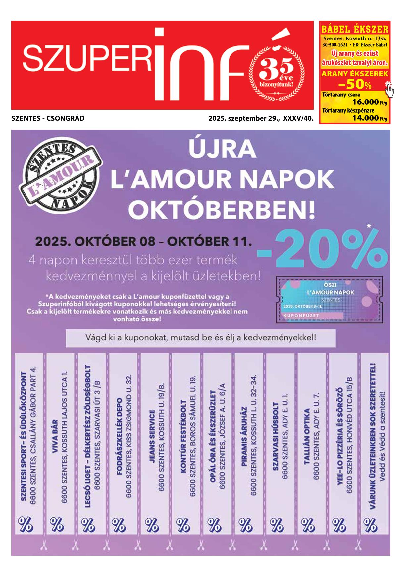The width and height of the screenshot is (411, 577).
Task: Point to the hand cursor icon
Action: click(x=390, y=90)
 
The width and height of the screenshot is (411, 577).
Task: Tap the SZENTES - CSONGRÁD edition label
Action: click(x=48, y=118)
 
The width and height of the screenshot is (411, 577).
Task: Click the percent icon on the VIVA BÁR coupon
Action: click(x=57, y=525)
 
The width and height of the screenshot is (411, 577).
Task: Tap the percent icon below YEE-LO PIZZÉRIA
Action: click(x=339, y=525)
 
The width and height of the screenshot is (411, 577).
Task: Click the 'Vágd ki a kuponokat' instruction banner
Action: click(x=201, y=338)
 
